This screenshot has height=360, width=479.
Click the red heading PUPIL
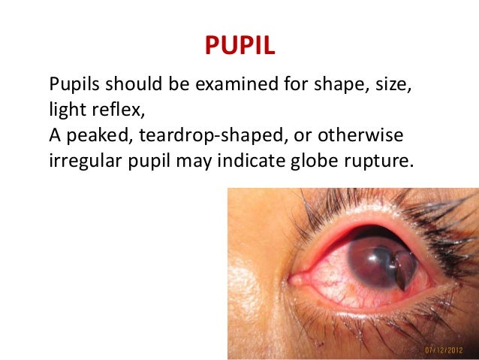pyautogui.click(x=240, y=46)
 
